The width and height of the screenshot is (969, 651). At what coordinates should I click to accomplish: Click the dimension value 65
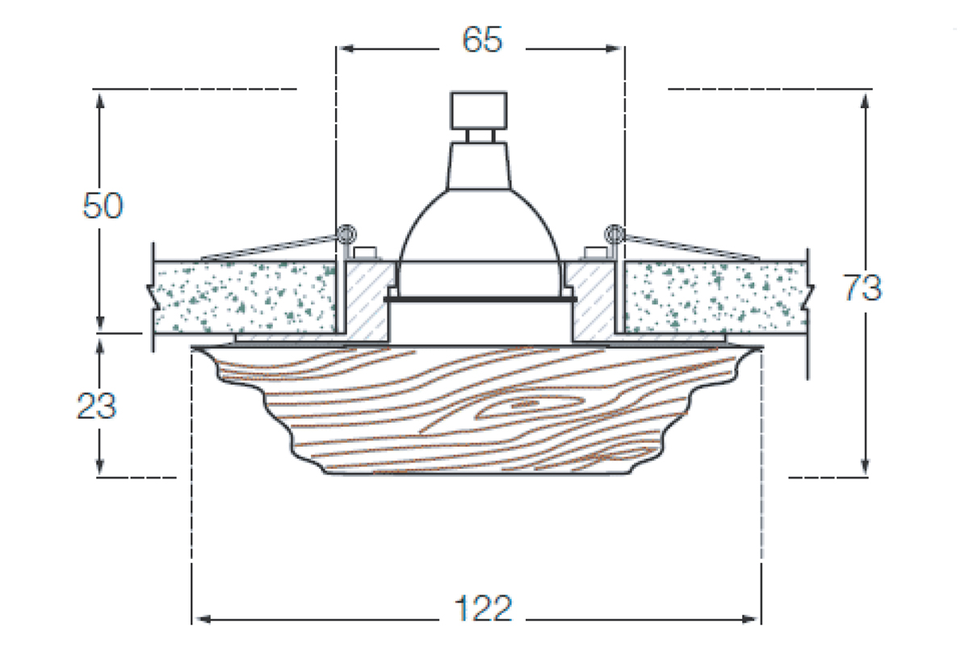pyautogui.click(x=482, y=40)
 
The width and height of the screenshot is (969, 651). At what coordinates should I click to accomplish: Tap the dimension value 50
pyautogui.click(x=103, y=207)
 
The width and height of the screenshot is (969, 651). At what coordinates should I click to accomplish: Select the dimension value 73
pyautogui.click(x=863, y=288)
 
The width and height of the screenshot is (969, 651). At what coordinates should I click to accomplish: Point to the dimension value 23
pyautogui.click(x=97, y=407)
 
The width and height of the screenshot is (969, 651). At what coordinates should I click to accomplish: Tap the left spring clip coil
pyautogui.click(x=347, y=233)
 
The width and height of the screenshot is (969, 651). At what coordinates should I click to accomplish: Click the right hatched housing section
pyautogui.click(x=592, y=298)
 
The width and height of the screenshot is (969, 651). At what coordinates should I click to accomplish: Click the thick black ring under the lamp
pyautogui.click(x=480, y=299)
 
